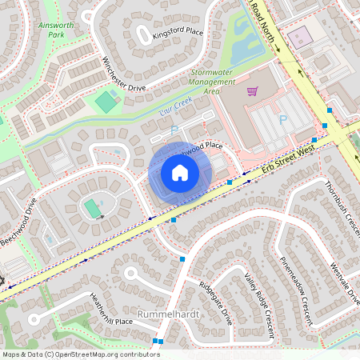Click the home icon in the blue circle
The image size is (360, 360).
(x=180, y=173)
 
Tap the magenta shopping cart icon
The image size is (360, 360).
(x=253, y=91)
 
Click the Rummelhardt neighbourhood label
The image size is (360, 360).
(x=168, y=314)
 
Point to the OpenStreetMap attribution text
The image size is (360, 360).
(x=80, y=354)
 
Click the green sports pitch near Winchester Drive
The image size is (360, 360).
(x=106, y=102)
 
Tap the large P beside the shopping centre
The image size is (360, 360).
(x=282, y=120)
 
